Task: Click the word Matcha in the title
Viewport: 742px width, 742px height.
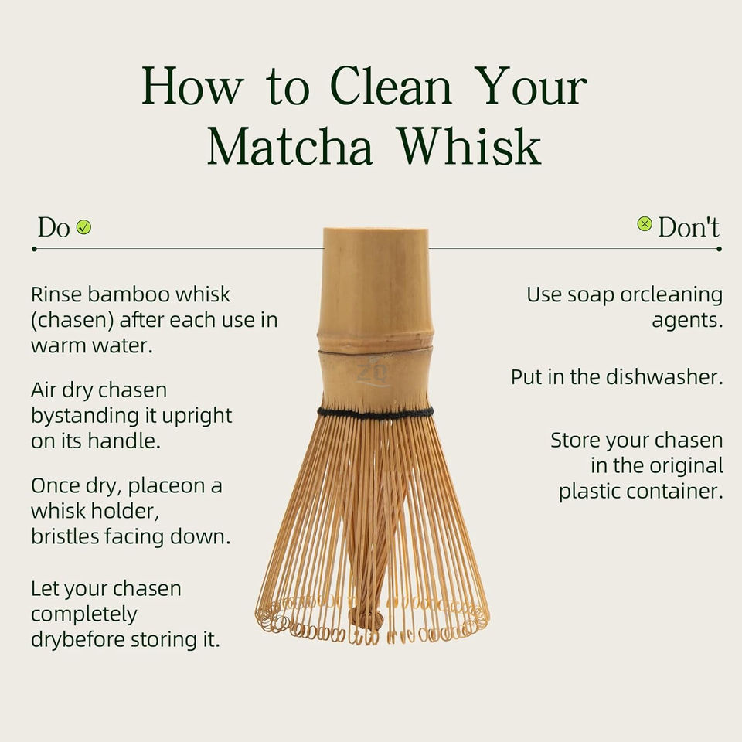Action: coord(290,146)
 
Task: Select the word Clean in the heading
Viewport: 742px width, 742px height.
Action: coord(391,86)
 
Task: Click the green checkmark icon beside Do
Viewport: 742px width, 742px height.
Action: coord(83,227)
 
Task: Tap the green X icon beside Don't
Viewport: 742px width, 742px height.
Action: coord(645,223)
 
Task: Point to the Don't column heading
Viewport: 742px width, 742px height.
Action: coord(689,226)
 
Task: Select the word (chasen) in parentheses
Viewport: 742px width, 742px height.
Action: coord(73,320)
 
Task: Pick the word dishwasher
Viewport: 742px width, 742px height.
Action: coord(665,377)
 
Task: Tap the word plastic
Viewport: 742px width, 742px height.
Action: coord(590,492)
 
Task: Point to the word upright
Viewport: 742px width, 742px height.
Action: coord(197,417)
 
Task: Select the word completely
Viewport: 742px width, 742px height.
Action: coord(83,614)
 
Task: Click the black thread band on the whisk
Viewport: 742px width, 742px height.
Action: coord(376,413)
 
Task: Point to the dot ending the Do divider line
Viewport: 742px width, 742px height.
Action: coord(34,249)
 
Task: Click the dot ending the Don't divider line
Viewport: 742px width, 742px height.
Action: coord(720,249)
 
